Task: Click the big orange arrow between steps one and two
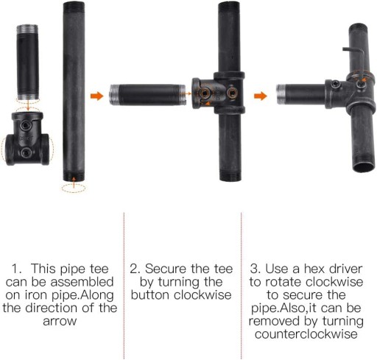click(x=96, y=96)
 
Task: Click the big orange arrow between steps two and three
click(x=261, y=96)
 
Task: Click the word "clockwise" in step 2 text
click(x=202, y=294)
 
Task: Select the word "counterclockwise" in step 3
click(x=306, y=334)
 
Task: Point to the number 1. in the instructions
click(x=17, y=269)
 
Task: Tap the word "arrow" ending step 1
click(x=60, y=321)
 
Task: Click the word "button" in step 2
click(x=151, y=294)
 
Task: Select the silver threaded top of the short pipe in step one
click(x=27, y=29)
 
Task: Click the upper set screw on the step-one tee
click(x=26, y=126)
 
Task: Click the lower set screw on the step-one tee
click(x=26, y=153)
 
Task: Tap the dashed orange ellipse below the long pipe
click(x=74, y=188)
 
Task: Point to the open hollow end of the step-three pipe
click(x=364, y=167)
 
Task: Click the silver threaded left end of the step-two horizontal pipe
click(x=114, y=95)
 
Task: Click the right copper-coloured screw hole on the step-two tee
click(x=232, y=93)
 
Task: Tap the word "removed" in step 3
click(x=275, y=321)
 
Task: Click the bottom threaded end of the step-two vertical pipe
click(x=230, y=176)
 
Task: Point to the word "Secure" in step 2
click(x=166, y=269)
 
